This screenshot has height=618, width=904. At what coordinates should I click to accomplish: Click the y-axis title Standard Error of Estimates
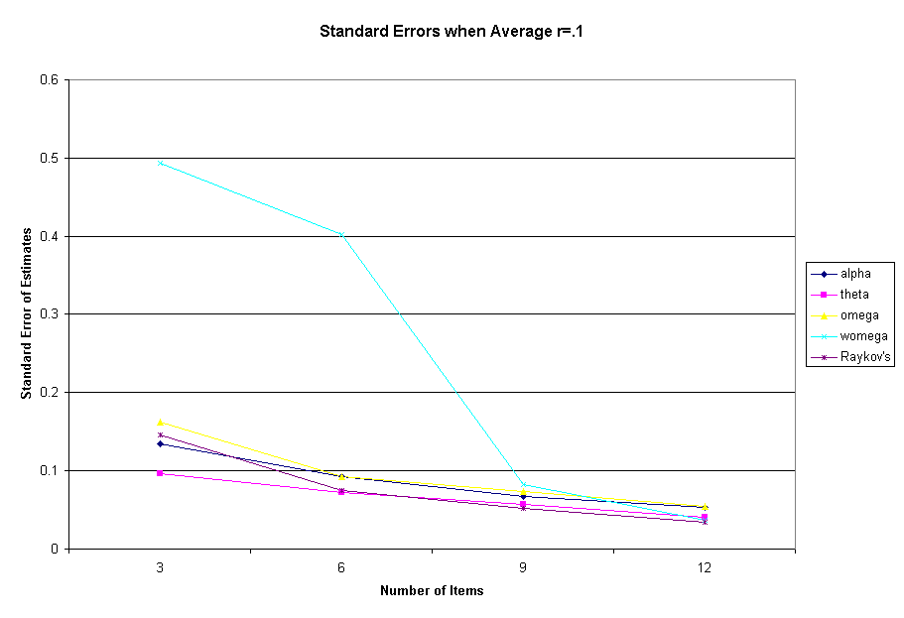[27, 313]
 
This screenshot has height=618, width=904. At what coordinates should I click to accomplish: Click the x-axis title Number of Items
[432, 591]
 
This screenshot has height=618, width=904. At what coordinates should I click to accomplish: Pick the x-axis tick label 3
[160, 565]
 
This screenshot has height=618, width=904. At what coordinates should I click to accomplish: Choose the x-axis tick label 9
[523, 565]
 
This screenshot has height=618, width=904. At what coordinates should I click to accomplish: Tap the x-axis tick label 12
[704, 565]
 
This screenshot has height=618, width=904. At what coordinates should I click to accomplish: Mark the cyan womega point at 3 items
[160, 163]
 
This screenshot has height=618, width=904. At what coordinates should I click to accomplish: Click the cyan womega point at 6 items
[341, 234]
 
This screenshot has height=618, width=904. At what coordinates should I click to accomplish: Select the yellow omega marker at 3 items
[160, 423]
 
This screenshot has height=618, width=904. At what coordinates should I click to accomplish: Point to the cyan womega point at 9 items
[523, 485]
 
